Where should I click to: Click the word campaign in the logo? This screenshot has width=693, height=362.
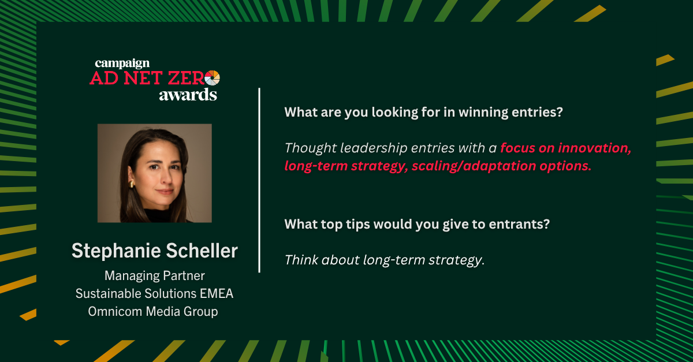tap(122, 64)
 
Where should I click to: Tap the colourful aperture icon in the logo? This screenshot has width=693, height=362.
tap(213, 78)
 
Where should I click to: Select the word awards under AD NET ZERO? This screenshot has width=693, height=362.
tap(188, 95)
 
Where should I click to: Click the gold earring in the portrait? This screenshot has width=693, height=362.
tap(132, 184)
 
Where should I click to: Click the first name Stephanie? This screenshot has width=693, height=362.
tap(115, 251)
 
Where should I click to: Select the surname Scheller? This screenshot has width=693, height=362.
tap(202, 251)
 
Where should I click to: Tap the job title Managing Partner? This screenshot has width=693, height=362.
tap(154, 275)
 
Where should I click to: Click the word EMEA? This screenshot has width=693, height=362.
tap(217, 293)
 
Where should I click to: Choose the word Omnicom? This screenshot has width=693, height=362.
tap(115, 311)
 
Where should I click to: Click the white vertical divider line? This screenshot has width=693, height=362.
tap(259, 180)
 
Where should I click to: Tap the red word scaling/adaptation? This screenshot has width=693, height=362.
tap(474, 166)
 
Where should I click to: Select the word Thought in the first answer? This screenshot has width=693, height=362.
tap(311, 148)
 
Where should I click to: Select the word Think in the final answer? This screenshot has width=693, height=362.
tap(301, 260)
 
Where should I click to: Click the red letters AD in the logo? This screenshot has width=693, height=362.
tap(104, 78)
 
